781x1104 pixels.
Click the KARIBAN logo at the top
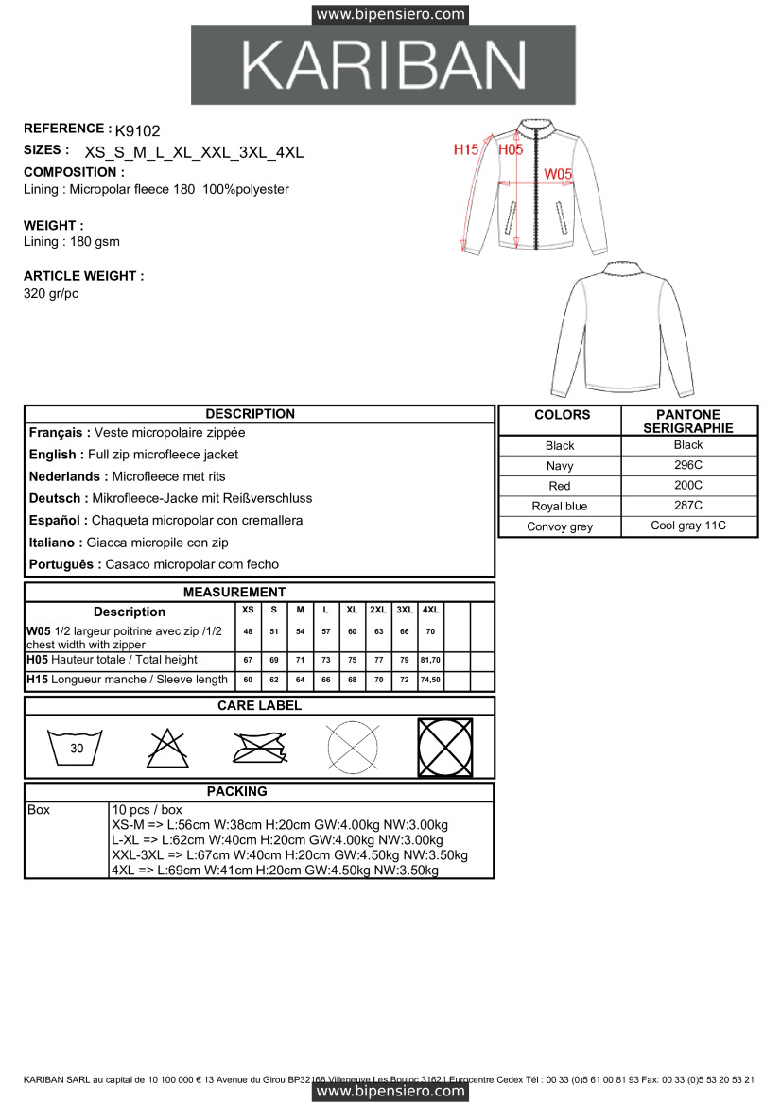(x=383, y=65)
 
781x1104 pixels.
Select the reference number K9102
(x=137, y=131)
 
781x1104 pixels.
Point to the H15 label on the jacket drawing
(x=465, y=149)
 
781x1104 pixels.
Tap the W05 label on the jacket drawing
(x=558, y=174)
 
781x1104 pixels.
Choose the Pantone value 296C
(x=688, y=465)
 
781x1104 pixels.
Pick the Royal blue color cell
(x=560, y=507)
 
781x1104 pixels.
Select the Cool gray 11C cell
(x=688, y=526)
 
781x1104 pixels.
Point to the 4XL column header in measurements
(x=431, y=611)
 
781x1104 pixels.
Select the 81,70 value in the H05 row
(x=431, y=660)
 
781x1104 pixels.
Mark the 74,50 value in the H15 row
(x=431, y=681)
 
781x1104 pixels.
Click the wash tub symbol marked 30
(x=76, y=748)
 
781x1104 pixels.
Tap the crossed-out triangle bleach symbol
(x=167, y=748)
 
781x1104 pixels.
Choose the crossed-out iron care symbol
(x=259, y=748)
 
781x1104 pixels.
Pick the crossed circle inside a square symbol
(x=445, y=748)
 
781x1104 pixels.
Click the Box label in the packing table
(x=40, y=811)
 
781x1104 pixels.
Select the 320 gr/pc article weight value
(x=51, y=294)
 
